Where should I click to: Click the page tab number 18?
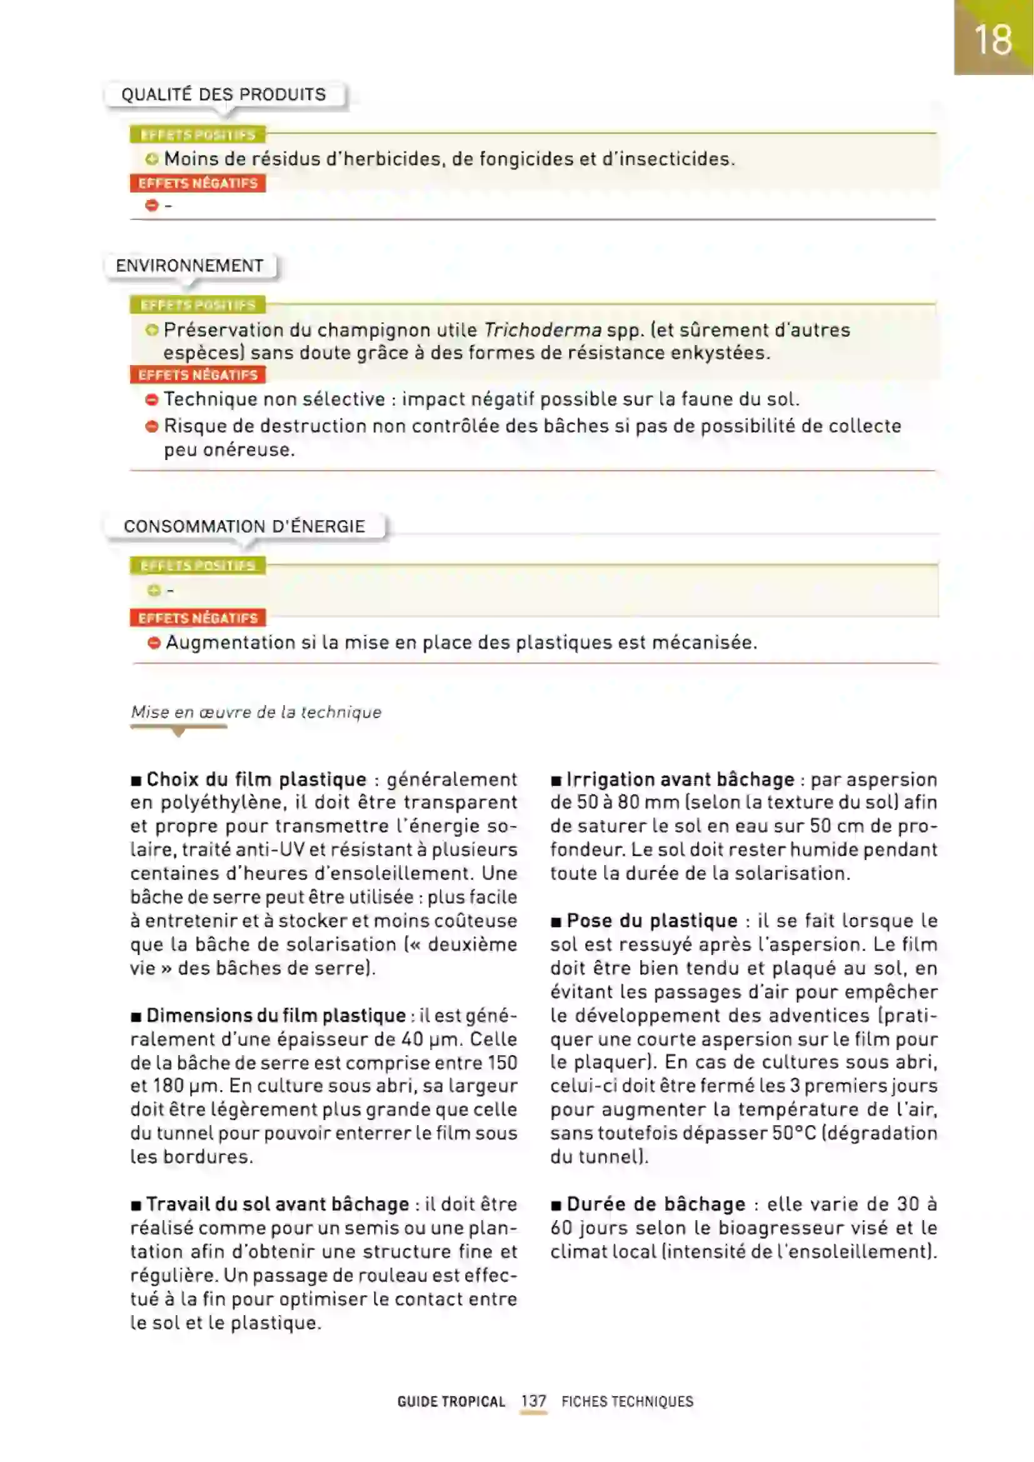[x=993, y=40]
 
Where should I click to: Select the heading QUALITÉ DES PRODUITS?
[x=223, y=95]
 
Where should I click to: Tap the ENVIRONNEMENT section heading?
[x=189, y=266]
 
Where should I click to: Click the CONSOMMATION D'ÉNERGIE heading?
[x=244, y=526]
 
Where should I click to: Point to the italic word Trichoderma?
[x=543, y=330]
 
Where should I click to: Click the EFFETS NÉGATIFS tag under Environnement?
[x=198, y=375]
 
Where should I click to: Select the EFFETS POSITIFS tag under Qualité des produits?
[x=198, y=135]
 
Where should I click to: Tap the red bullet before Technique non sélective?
[x=151, y=400]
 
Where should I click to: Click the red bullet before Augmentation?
[x=153, y=643]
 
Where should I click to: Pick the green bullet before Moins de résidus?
[x=151, y=159]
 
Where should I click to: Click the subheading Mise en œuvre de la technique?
[x=256, y=712]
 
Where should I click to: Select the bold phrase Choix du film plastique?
[x=256, y=779]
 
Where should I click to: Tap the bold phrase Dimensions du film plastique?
[x=276, y=1015]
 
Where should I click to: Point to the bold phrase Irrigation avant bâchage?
[x=680, y=779]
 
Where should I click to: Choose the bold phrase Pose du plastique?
[x=652, y=921]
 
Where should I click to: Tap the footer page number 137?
[x=533, y=1401]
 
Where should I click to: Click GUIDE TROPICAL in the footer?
[x=451, y=1401]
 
